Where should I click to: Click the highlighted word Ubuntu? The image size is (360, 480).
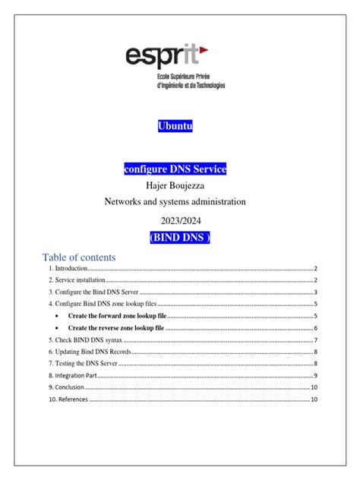coord(175,126)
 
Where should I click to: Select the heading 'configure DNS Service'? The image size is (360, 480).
coord(175,168)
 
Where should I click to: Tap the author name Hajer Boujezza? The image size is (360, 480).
coord(175,185)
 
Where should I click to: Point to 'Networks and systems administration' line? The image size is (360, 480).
coord(175,202)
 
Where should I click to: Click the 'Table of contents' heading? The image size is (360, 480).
coord(79,257)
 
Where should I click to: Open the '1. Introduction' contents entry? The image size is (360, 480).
coord(68,269)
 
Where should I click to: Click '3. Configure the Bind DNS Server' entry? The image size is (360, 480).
coord(93,292)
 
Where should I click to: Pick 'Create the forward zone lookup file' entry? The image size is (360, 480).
coord(117,315)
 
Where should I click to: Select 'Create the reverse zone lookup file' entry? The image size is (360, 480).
coord(116,327)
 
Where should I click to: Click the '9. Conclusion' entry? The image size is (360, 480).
coord(68,387)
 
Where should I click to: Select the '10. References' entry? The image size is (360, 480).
coord(68,399)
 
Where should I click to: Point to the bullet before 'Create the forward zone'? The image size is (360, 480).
coord(58,315)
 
